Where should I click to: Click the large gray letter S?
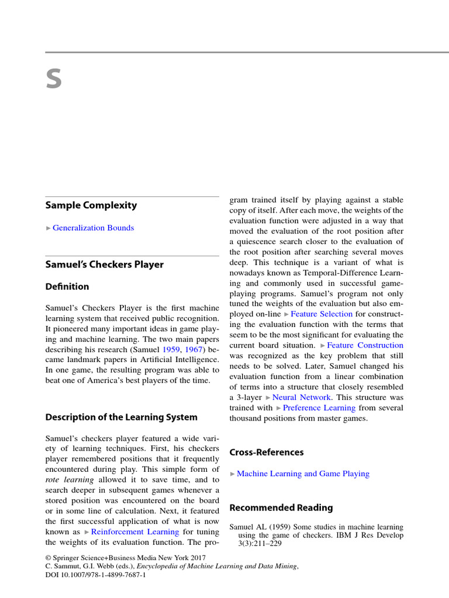pos(54,79)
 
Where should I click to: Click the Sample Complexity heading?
pos(91,205)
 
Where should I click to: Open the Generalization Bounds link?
pos(93,228)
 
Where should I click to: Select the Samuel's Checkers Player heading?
pos(105,265)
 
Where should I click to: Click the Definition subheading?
pos(67,287)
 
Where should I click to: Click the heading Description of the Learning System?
pos(122,417)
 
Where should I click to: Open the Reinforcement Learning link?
pos(135,532)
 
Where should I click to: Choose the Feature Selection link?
pos(322,314)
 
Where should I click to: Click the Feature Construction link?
pos(365,345)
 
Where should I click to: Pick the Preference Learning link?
pos(319,408)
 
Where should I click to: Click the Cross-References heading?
pos(267,452)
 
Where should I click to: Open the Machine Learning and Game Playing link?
pos(303,474)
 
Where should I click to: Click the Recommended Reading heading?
pos(281,507)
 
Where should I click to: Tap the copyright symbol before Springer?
pos(49,558)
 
